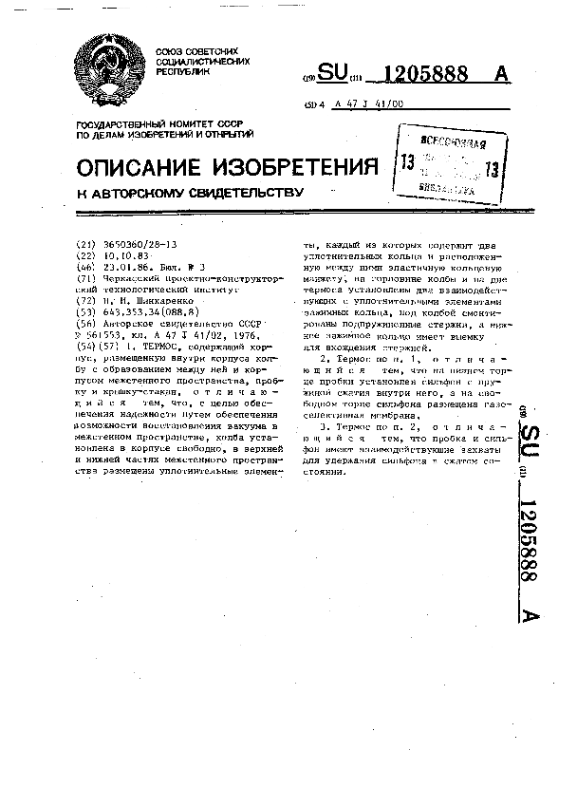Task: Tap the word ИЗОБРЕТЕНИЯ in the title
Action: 289,168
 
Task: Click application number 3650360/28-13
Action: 139,244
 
